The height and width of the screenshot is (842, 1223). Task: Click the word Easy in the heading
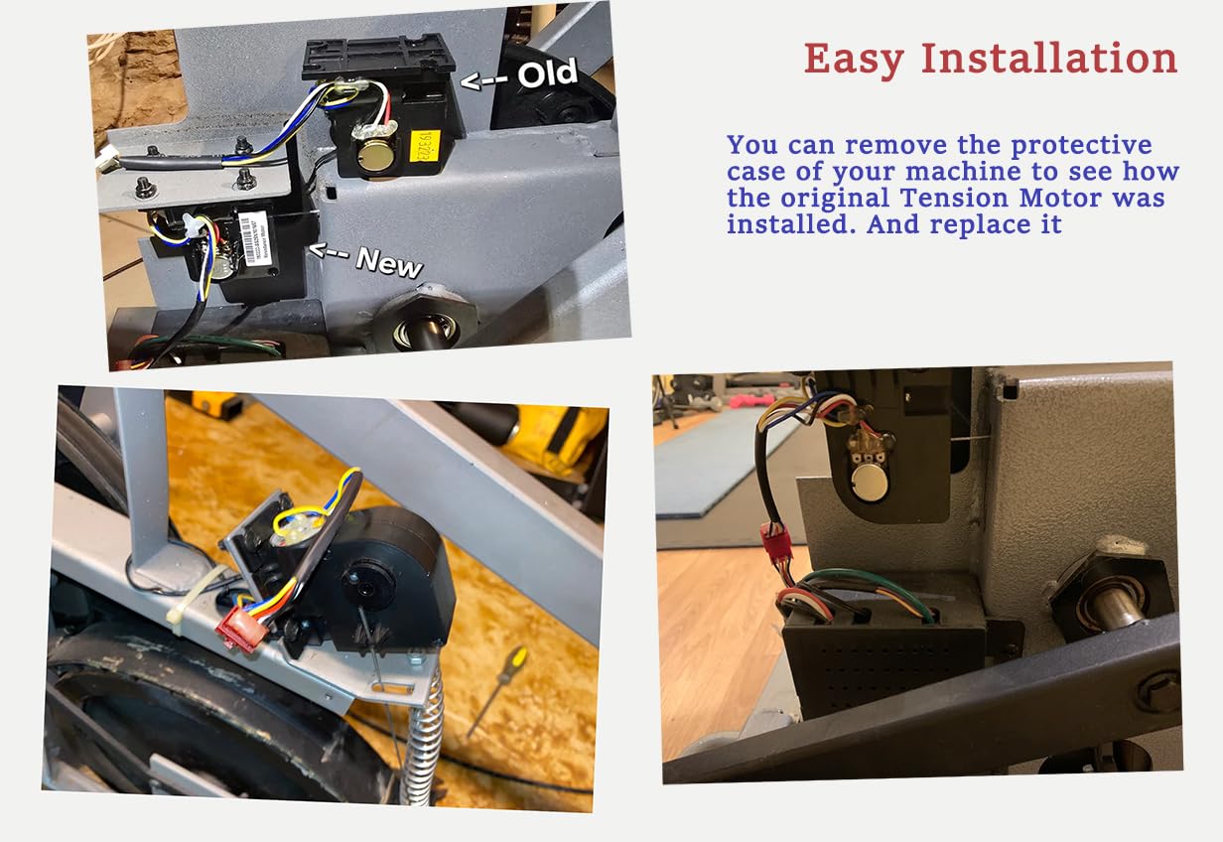tap(853, 59)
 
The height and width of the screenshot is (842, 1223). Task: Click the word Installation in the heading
tap(1049, 59)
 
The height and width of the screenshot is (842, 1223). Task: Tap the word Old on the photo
tap(546, 73)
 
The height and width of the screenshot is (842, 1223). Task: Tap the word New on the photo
tap(389, 261)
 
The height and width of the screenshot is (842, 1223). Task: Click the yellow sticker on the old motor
tap(426, 149)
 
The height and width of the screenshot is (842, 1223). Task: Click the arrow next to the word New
tap(331, 251)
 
